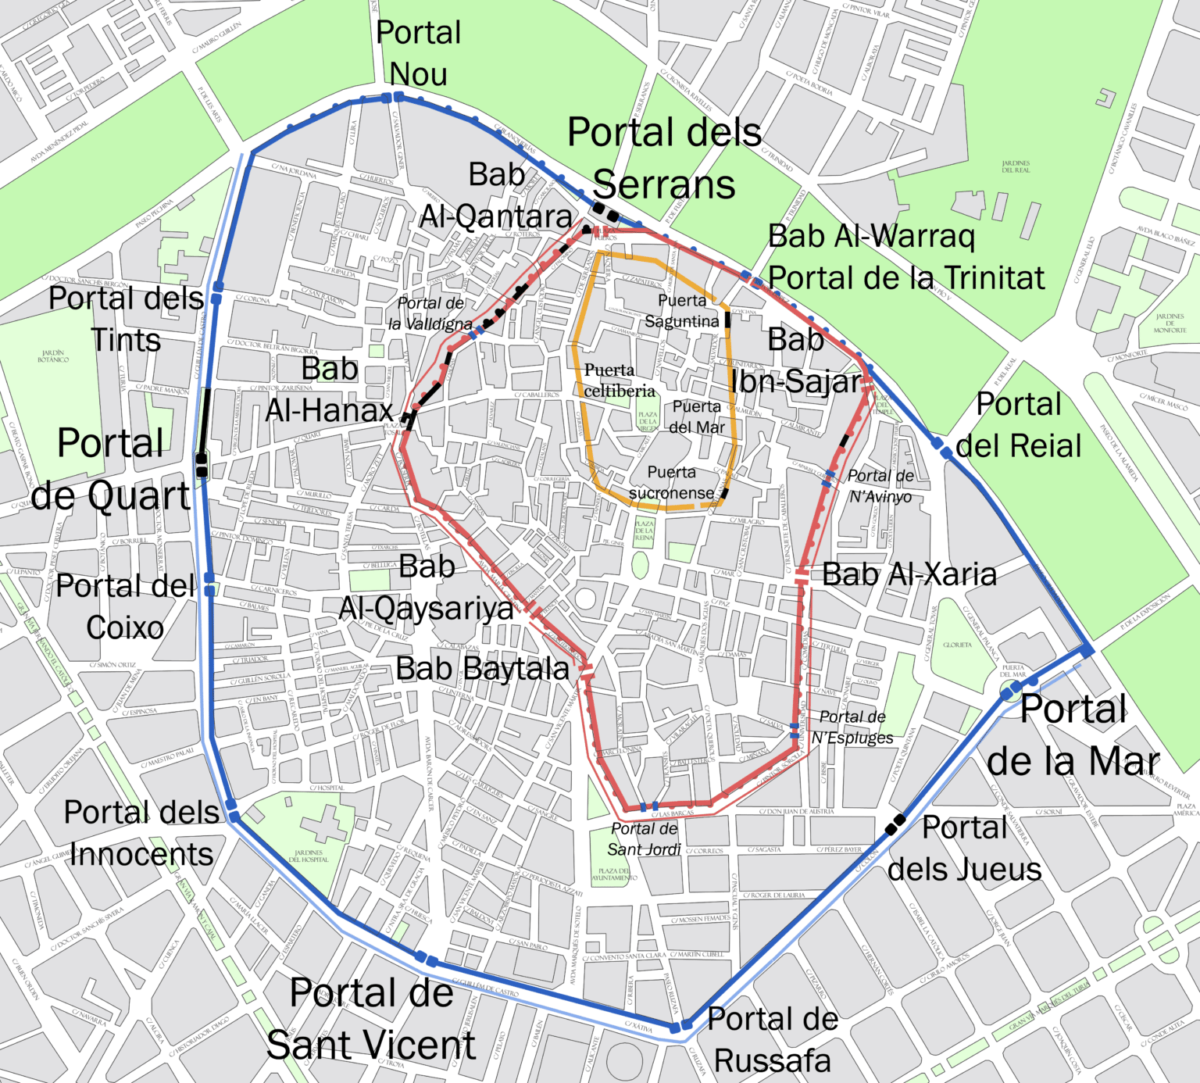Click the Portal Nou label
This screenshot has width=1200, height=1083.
click(x=419, y=53)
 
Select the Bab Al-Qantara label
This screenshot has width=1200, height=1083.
click(x=496, y=195)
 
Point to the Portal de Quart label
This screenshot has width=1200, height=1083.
click(x=111, y=469)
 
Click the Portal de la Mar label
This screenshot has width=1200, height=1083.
click(x=1073, y=735)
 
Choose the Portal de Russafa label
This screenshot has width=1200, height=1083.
click(x=772, y=1039)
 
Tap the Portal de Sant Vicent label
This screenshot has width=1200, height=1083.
click(x=371, y=1019)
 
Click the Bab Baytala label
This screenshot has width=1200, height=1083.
click(x=482, y=669)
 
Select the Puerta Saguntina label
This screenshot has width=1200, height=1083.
click(x=682, y=311)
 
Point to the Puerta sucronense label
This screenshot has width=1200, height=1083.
click(x=672, y=483)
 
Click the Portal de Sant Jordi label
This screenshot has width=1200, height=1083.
click(x=645, y=839)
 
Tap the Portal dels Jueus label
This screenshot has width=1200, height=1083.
click(x=965, y=848)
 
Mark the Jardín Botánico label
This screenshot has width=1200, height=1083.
click(x=53, y=356)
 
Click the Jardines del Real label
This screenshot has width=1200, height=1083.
click(x=1016, y=166)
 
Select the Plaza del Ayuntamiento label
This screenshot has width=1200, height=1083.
click(x=614, y=874)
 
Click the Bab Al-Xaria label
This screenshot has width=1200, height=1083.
click(x=909, y=574)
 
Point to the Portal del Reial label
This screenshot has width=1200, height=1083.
click(x=1019, y=425)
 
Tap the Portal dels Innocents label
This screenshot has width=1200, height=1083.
click(x=141, y=833)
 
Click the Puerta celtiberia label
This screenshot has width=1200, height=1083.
click(x=620, y=381)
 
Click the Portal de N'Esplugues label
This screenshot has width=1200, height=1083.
click(x=852, y=727)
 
